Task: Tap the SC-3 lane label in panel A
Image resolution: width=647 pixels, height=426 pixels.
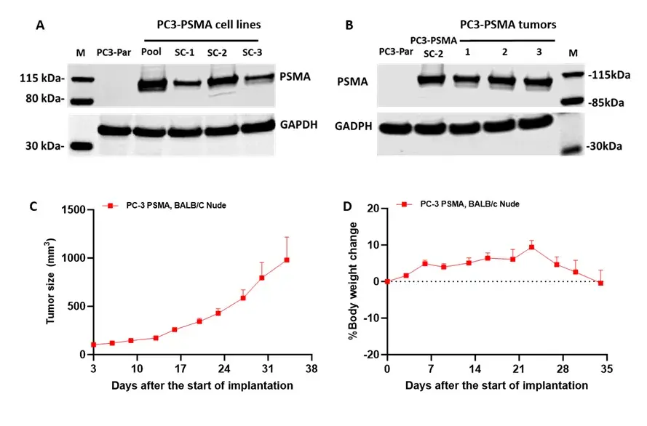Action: click(x=251, y=52)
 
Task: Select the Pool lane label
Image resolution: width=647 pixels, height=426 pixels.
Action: click(x=151, y=52)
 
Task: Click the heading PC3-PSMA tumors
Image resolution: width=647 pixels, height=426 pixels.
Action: click(x=508, y=25)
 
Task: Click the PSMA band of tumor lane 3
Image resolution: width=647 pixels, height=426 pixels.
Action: click(x=539, y=81)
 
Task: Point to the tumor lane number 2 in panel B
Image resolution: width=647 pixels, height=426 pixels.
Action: click(x=504, y=52)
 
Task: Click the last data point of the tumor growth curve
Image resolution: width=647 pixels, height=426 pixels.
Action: click(x=287, y=260)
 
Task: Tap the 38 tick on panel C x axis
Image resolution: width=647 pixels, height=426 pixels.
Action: click(x=311, y=369)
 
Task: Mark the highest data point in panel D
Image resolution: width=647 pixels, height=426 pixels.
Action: click(x=531, y=247)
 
